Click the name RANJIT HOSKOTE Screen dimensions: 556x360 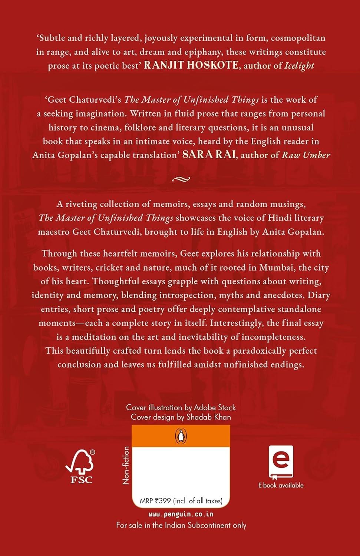click(x=191, y=65)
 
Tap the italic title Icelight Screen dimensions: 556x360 click(x=299, y=66)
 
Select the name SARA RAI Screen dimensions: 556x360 click(x=209, y=155)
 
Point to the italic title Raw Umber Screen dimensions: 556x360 click(x=306, y=155)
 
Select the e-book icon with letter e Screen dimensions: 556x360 click(x=281, y=462)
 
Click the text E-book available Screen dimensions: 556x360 click(x=281, y=485)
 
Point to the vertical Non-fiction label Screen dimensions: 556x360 click(x=126, y=465)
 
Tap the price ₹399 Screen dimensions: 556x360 click(x=163, y=501)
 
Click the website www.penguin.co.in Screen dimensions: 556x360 click(x=181, y=514)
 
